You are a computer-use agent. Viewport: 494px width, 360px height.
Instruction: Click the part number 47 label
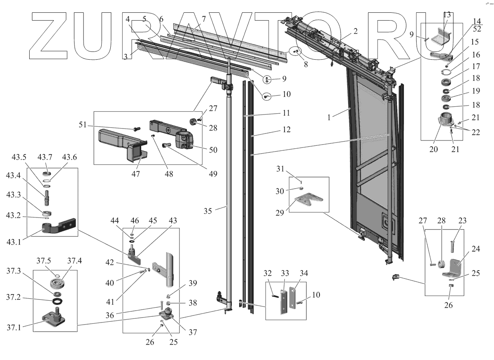(135, 174)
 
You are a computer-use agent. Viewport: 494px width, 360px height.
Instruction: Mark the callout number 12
(287, 129)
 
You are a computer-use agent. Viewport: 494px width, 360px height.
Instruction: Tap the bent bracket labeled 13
(443, 37)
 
